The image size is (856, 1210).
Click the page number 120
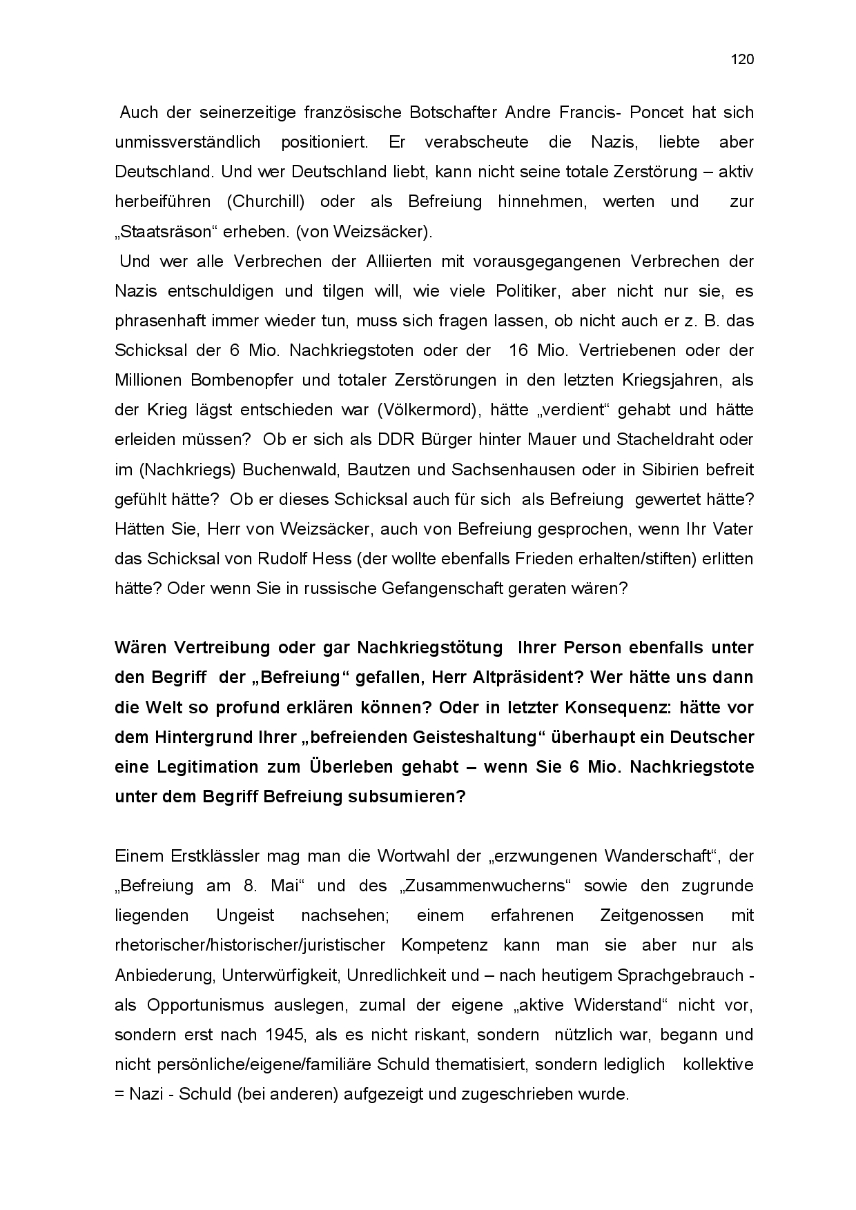coord(742,59)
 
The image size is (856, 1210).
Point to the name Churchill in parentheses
coord(263,202)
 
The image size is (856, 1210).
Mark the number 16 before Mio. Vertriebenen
coord(518,350)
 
